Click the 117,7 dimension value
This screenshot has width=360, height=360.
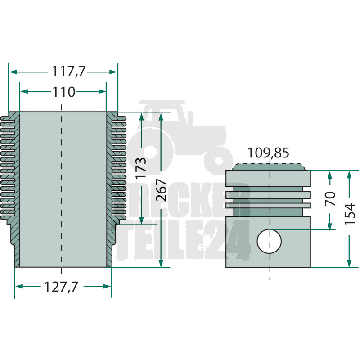click(68, 71)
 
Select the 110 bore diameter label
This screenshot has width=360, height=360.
click(64, 92)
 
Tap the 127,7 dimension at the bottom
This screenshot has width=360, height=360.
click(61, 287)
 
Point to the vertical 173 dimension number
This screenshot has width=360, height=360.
click(140, 168)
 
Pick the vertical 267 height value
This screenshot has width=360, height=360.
click(161, 190)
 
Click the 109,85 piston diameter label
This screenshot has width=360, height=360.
click(269, 153)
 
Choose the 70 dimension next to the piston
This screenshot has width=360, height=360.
click(330, 198)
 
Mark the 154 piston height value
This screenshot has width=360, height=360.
click(350, 214)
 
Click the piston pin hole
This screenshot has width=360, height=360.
click(269, 241)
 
